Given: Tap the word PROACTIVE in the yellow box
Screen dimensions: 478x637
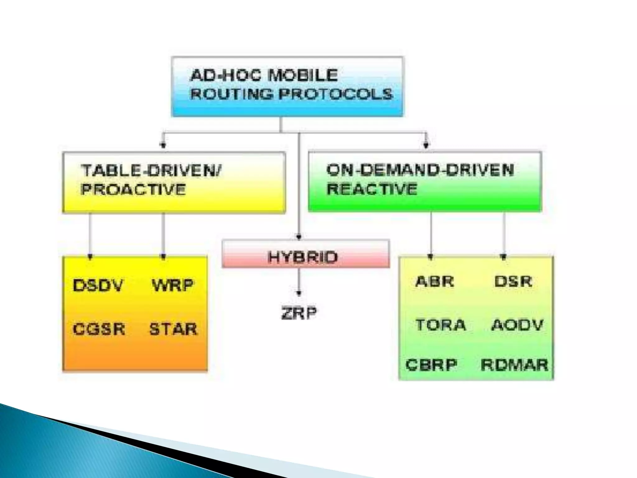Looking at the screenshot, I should point(133,190).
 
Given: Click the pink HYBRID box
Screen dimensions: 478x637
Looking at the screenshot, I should point(305,257).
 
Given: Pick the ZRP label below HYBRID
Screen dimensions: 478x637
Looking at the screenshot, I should point(299,313).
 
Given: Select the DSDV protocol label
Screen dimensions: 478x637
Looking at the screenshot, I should point(98,285).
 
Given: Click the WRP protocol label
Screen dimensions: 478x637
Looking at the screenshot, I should point(173,285).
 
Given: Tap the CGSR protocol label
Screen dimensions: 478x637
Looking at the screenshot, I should point(99,329).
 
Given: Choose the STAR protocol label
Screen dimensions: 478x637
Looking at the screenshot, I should point(173,329).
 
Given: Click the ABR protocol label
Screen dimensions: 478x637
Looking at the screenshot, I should point(435,282).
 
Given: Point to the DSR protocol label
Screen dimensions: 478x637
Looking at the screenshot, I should point(513,282).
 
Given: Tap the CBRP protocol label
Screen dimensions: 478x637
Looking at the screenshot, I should point(431,365).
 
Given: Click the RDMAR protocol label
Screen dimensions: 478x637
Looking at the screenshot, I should point(514,365).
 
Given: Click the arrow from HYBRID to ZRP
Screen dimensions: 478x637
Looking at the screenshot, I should point(299,282).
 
